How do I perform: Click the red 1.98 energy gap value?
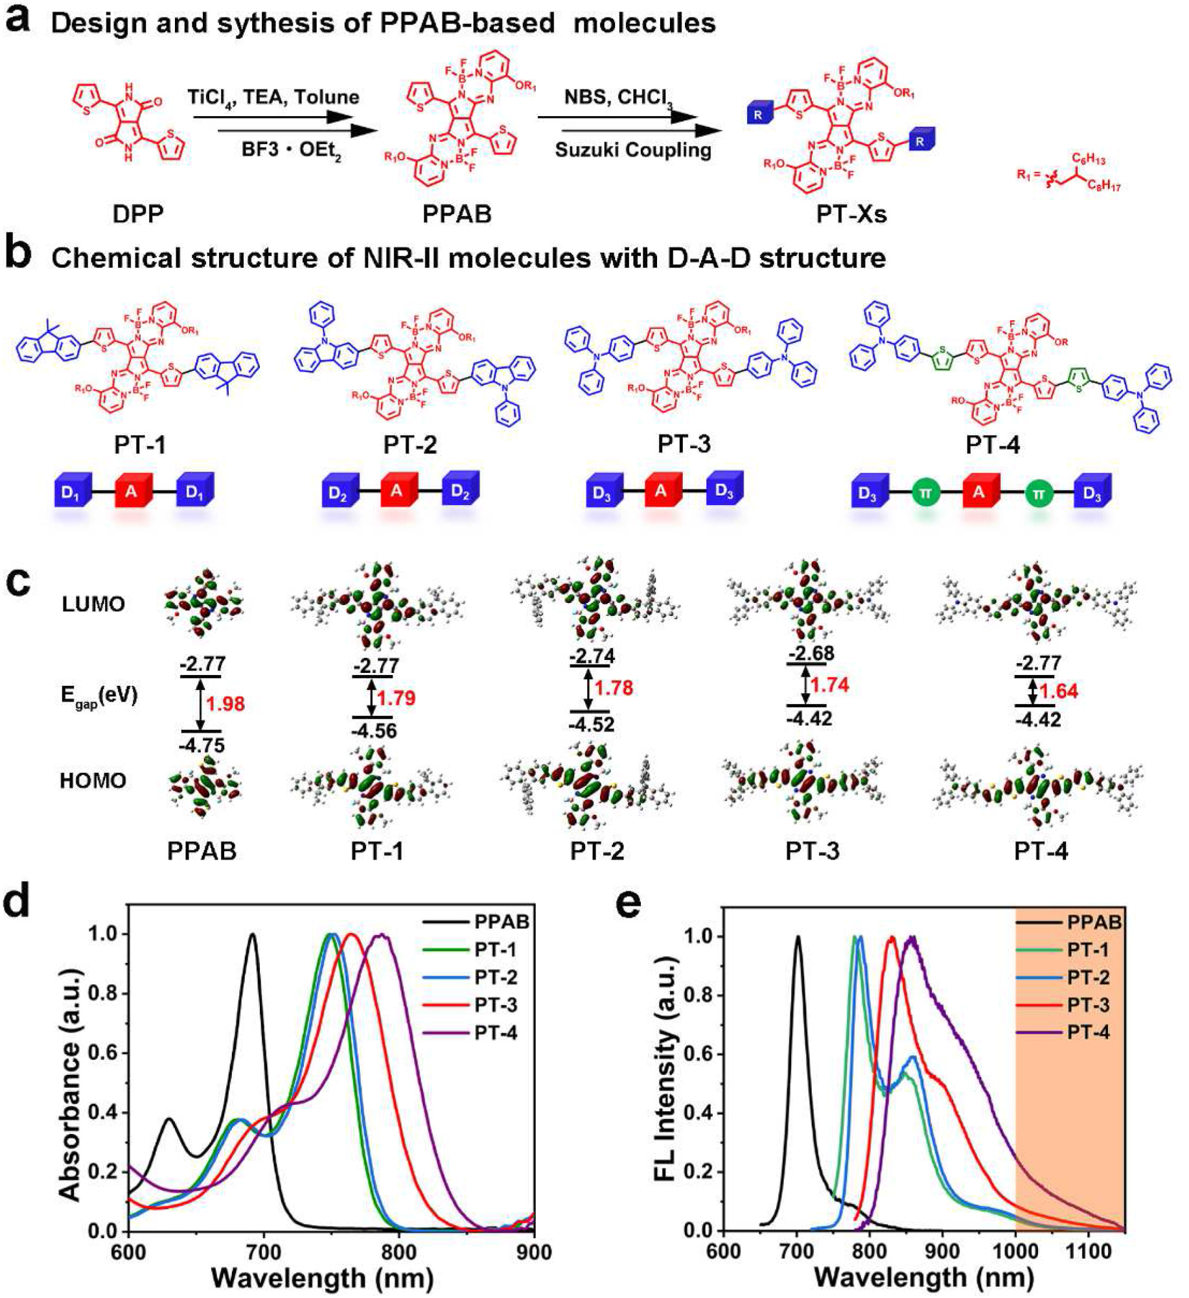tap(225, 703)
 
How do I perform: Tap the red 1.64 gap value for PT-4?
tap(1058, 691)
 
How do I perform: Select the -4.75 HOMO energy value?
tap(202, 745)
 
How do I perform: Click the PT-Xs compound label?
tap(851, 214)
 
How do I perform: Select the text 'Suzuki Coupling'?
tap(633, 150)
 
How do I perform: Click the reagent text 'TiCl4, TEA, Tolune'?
tap(273, 98)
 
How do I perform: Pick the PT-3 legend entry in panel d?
tap(496, 1005)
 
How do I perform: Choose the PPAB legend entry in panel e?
tap(1094, 923)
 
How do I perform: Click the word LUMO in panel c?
tap(93, 604)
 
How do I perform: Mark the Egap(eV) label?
tap(98, 696)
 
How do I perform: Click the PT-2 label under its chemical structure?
tap(410, 445)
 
